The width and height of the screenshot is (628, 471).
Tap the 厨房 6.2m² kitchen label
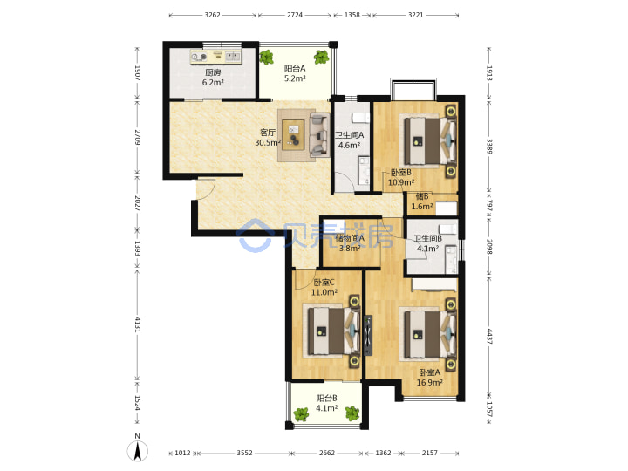[213, 78]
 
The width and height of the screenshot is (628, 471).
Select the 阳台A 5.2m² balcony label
[295, 73]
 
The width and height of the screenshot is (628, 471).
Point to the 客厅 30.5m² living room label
[268, 138]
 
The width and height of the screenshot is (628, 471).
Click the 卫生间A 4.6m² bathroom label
[349, 140]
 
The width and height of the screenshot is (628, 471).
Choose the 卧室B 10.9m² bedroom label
[401, 177]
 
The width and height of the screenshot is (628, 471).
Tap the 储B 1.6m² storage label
[422, 201]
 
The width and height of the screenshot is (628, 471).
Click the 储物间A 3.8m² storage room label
[350, 243]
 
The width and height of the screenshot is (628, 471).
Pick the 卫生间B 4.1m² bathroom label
[427, 243]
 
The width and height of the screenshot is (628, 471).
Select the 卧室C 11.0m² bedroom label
[324, 287]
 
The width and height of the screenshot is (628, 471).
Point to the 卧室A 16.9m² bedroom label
[429, 378]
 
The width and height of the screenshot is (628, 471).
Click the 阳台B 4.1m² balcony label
[326, 403]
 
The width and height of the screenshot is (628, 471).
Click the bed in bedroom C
[333, 331]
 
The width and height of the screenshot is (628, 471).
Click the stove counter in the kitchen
[216, 57]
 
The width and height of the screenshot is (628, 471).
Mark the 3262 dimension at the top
[212, 15]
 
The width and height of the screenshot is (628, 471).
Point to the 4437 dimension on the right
[489, 337]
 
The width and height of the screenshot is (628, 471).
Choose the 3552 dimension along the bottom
[244, 453]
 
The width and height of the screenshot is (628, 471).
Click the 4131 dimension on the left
[138, 324]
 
